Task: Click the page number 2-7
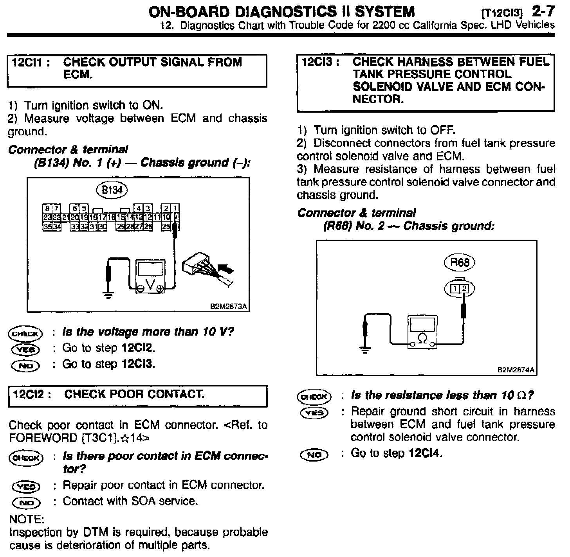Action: (x=543, y=11)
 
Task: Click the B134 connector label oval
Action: (x=112, y=190)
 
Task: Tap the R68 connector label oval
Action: (x=459, y=262)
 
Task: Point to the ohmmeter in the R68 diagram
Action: (x=422, y=332)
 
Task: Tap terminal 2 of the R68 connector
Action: (x=464, y=289)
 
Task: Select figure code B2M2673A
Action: (x=229, y=307)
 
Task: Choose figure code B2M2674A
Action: (x=516, y=370)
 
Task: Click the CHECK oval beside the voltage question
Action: (x=25, y=333)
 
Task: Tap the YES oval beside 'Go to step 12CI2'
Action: (x=25, y=349)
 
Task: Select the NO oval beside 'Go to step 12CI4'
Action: (x=314, y=455)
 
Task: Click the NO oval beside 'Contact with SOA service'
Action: (x=26, y=502)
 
